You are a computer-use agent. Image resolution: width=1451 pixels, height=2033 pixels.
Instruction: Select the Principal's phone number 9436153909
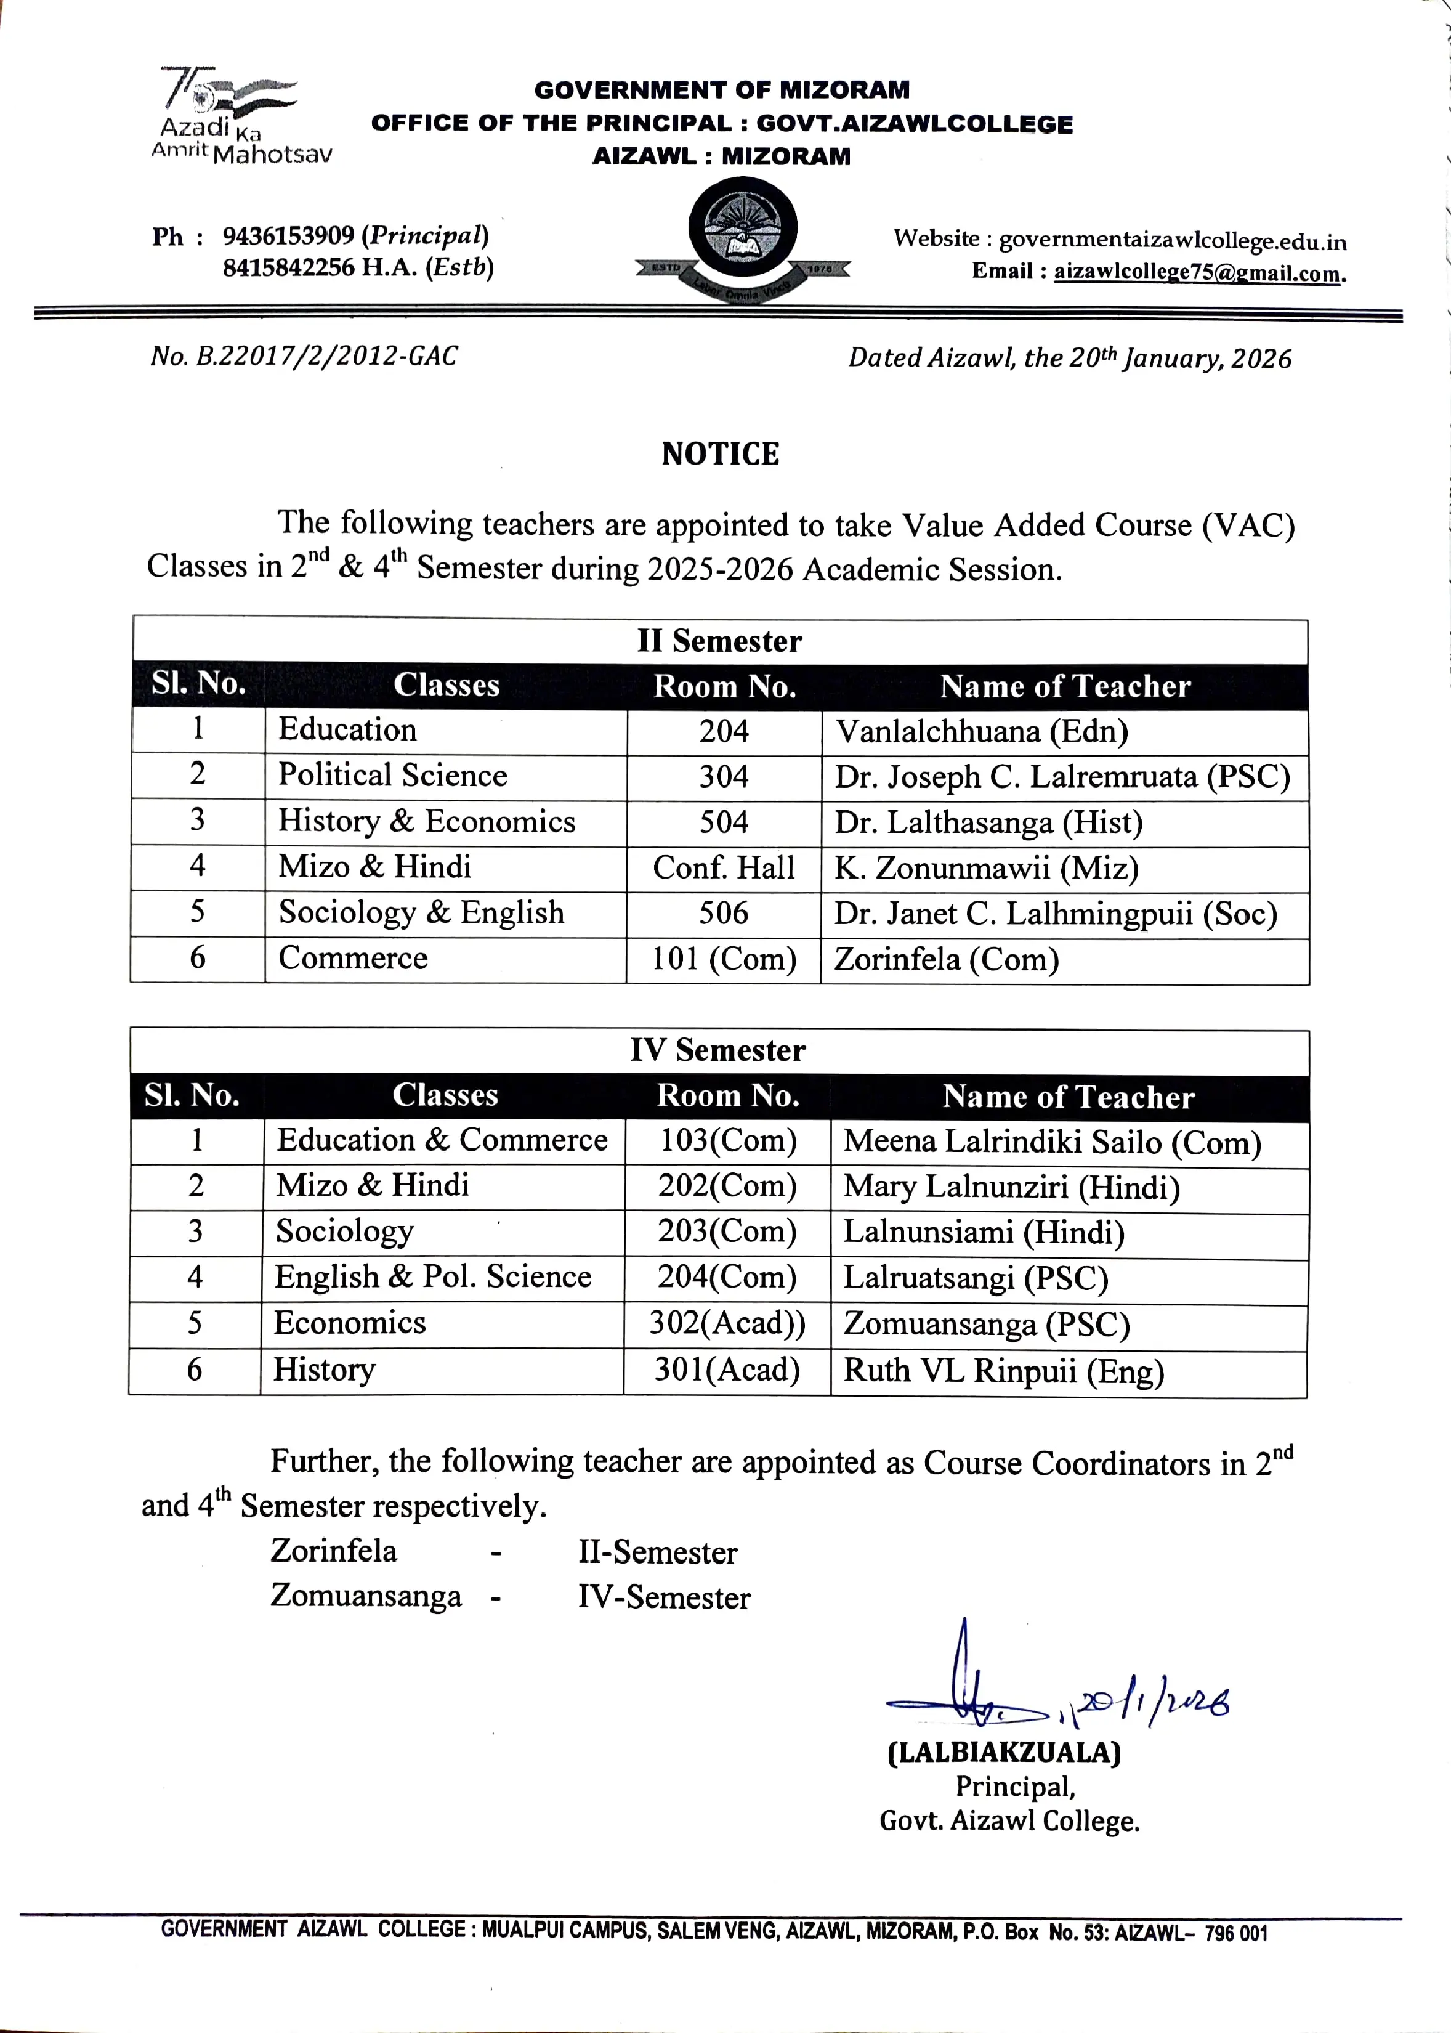coord(288,236)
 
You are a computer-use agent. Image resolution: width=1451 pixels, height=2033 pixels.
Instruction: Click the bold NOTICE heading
coord(720,454)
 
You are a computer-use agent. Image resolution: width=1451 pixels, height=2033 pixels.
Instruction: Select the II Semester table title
coord(719,641)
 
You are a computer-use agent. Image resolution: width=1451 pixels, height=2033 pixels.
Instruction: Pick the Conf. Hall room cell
coord(724,867)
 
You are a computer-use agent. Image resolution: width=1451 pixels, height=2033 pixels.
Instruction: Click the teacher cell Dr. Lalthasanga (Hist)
coord(988,822)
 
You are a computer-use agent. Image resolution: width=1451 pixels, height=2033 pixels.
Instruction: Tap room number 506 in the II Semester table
coord(724,913)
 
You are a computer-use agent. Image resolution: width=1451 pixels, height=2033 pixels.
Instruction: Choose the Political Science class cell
coord(392,775)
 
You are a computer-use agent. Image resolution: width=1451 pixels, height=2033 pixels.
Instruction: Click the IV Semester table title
coord(717,1050)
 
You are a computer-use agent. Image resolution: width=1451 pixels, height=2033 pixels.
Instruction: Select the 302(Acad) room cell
coord(726,1323)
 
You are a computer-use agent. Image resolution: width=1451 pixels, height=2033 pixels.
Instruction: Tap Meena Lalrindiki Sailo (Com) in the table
coord(1052,1142)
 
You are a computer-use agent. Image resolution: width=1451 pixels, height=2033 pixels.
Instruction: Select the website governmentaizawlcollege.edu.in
coord(1171,240)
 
